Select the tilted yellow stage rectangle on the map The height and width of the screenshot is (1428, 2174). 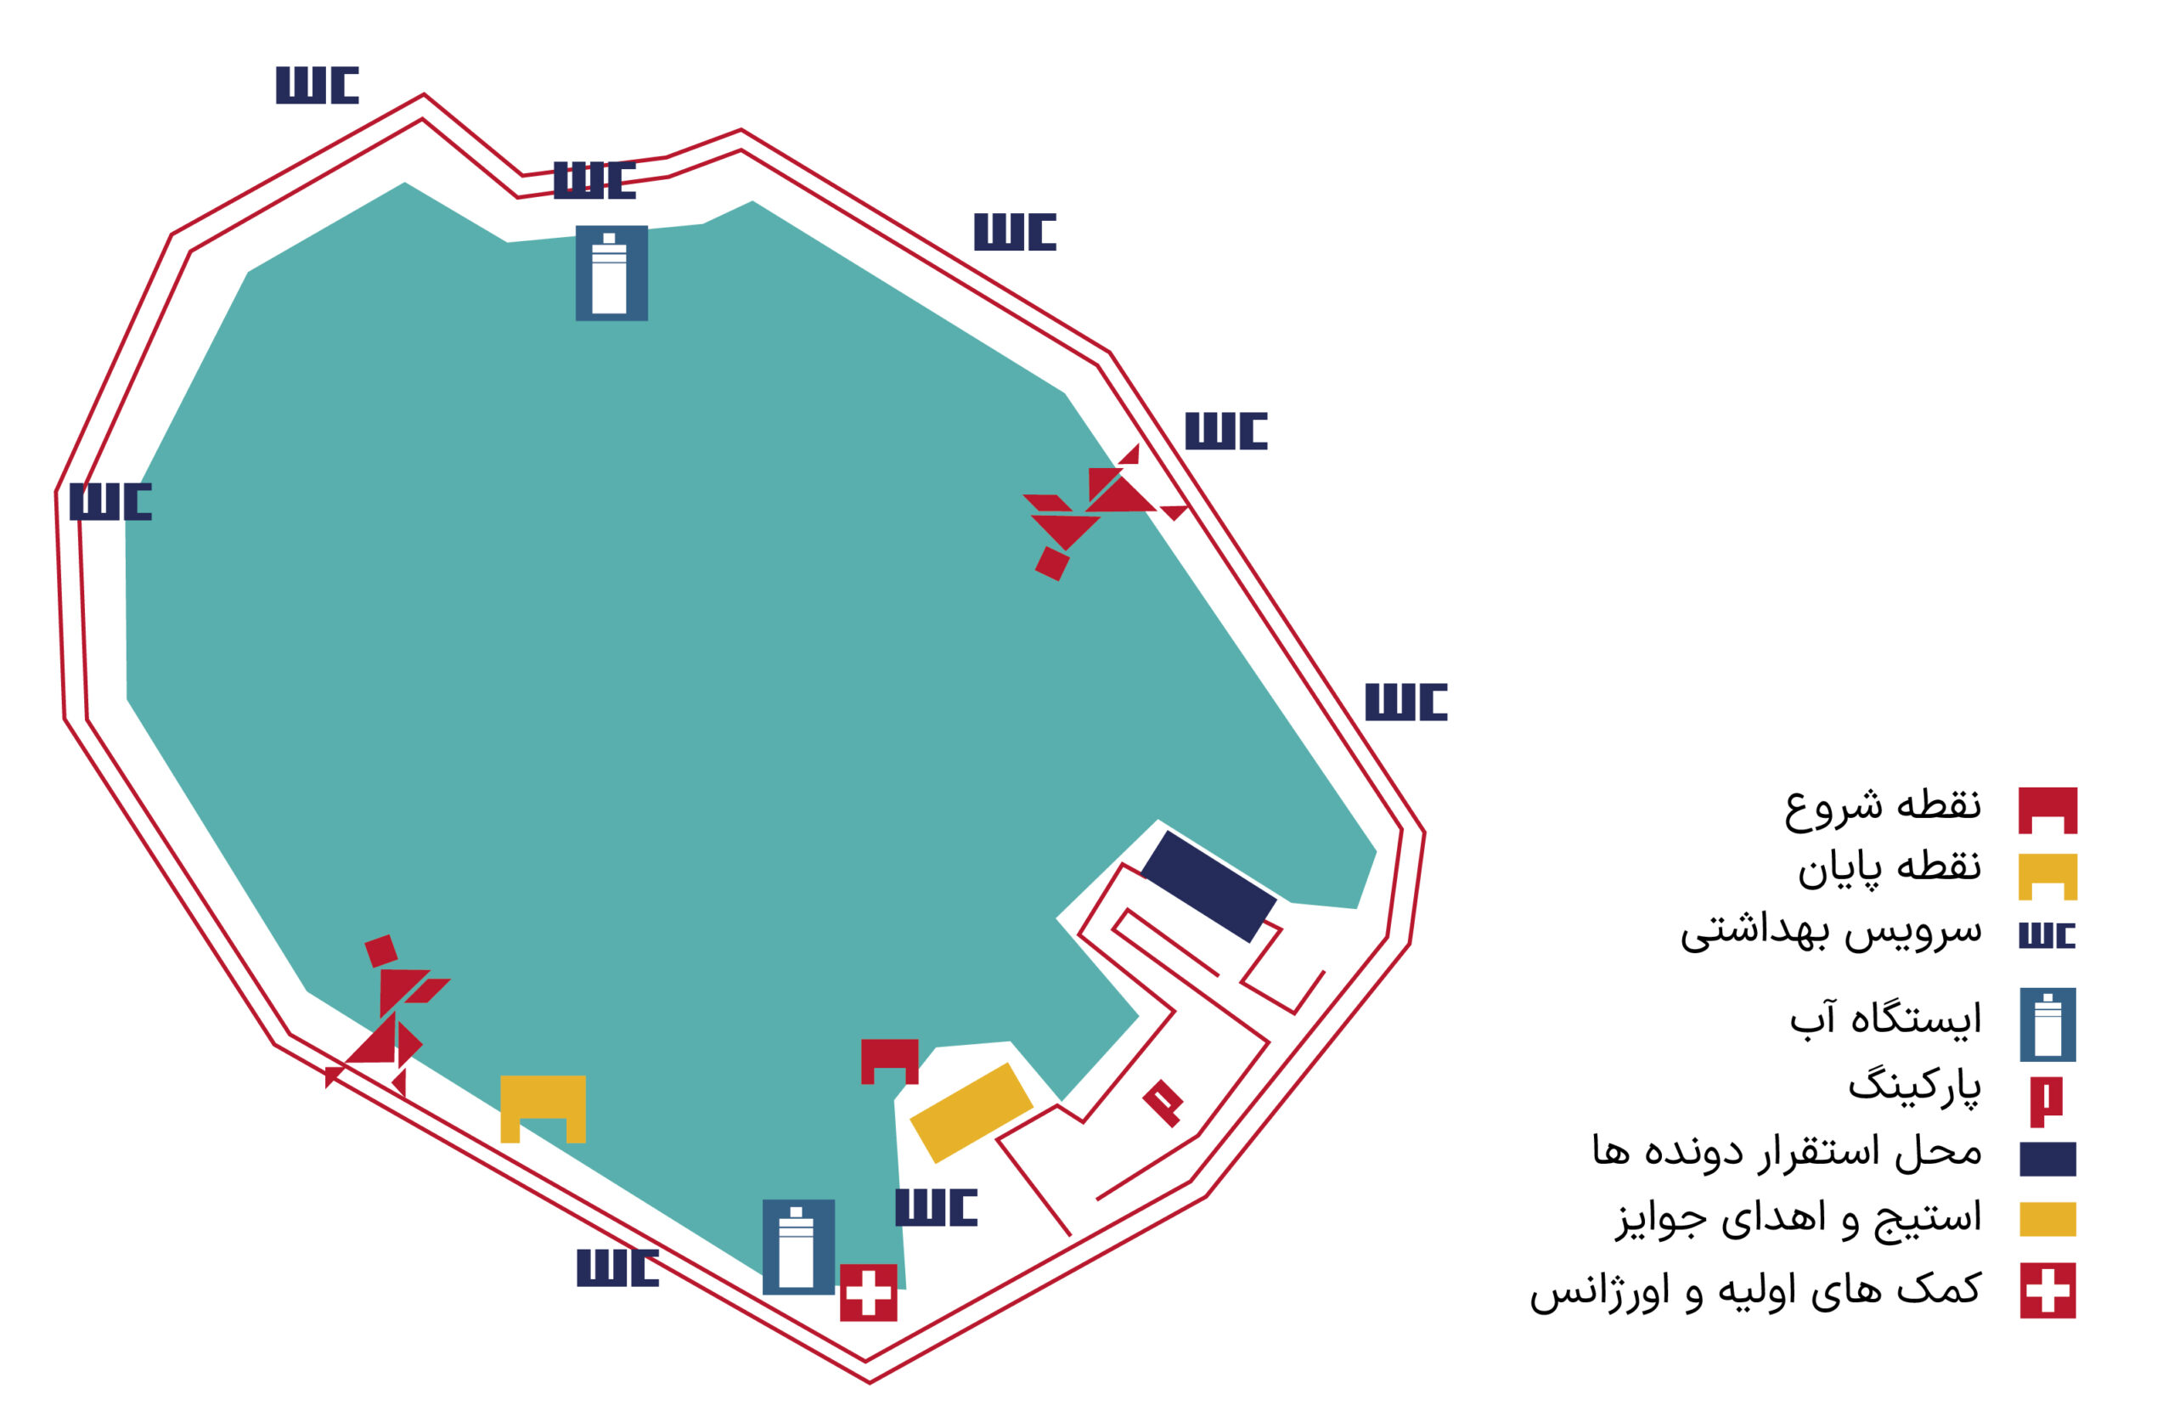[x=971, y=1113]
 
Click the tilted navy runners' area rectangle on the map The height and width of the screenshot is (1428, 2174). [x=1208, y=886]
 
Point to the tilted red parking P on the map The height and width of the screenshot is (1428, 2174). [x=1163, y=1103]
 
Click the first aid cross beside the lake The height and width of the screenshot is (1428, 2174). [x=868, y=1293]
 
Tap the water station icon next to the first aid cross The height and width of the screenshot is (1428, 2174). [x=798, y=1247]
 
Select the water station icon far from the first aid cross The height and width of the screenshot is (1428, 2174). [x=611, y=274]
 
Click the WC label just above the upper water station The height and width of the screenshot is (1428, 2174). [x=594, y=180]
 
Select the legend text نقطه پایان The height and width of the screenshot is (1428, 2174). [x=1889, y=869]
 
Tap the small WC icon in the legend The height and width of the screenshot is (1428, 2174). [x=2047, y=935]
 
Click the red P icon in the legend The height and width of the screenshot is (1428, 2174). [x=2046, y=1103]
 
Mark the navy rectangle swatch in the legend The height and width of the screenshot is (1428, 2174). [x=2047, y=1159]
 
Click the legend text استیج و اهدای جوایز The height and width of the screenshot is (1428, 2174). [x=1799, y=1220]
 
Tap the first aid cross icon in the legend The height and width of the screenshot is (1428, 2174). [x=2047, y=1291]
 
